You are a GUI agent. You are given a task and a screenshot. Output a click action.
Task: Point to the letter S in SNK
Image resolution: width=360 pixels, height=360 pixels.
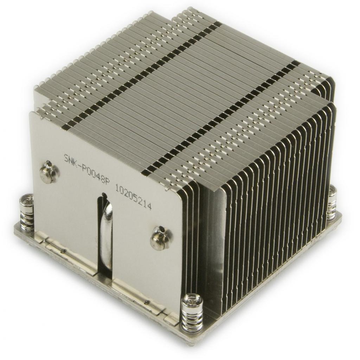[66, 158]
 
